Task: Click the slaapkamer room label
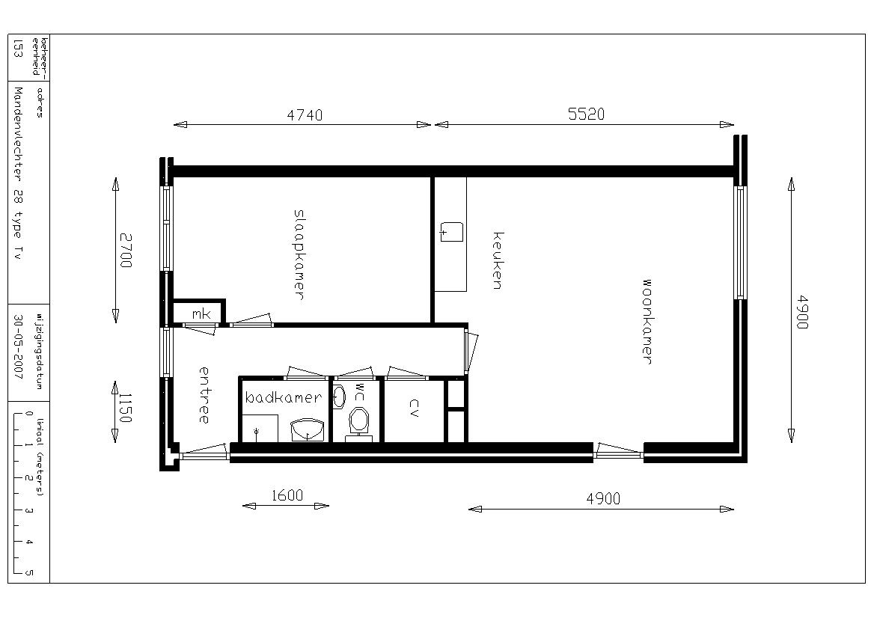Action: point(299,254)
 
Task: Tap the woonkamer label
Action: point(646,322)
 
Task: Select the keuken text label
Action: point(498,260)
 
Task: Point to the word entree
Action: point(204,394)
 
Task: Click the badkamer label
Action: point(284,397)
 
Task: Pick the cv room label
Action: point(414,408)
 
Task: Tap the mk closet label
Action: point(201,314)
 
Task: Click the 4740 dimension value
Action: point(305,114)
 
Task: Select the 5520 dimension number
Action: point(587,114)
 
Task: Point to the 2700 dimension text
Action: point(126,250)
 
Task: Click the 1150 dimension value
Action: point(125,408)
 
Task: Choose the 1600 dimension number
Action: point(287,495)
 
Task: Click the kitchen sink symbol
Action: point(451,231)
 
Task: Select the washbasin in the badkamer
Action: point(308,429)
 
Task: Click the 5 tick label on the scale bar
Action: point(29,572)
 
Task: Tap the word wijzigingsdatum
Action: point(39,348)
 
